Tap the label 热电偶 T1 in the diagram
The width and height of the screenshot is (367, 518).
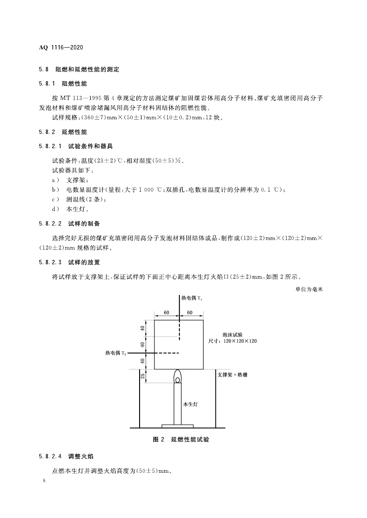tap(192, 299)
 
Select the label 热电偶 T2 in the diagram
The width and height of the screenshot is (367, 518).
tap(116, 353)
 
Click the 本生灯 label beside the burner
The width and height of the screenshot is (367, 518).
tap(190, 404)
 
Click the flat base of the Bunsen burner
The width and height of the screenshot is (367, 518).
tap(177, 425)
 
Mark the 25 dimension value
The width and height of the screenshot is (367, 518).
tap(143, 376)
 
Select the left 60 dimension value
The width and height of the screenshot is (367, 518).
tap(166, 313)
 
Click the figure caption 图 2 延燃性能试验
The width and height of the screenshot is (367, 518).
tap(181, 440)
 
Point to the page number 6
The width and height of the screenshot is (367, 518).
tap(44, 481)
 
